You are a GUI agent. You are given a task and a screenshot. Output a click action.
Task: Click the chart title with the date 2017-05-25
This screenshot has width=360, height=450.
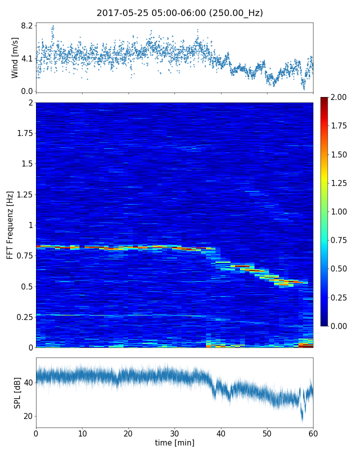coord(179,13)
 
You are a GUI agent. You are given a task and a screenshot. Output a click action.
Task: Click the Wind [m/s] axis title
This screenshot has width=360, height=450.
coord(15,57)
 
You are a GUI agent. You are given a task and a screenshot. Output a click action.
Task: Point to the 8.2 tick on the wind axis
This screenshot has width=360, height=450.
coord(26,25)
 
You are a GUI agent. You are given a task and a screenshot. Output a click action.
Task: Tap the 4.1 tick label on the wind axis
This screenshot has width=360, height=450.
coord(26,58)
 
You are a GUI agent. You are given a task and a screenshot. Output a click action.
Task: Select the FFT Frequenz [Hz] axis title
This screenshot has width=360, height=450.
coord(10,224)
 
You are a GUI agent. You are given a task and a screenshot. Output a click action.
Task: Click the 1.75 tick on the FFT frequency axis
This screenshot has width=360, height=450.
coord(23,133)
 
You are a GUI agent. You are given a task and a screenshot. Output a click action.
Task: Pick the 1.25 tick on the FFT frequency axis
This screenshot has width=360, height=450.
coord(23,194)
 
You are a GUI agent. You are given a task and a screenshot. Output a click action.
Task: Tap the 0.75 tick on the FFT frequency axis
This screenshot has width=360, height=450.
coord(23,256)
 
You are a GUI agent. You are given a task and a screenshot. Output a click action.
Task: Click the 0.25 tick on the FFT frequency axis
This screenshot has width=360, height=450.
coord(23,317)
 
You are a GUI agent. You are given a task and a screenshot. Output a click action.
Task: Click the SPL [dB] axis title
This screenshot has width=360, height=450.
coord(17,392)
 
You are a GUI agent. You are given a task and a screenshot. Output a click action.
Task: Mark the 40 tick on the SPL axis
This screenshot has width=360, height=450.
coord(28,383)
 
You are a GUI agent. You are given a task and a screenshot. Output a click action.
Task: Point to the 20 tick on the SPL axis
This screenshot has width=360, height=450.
coord(28,416)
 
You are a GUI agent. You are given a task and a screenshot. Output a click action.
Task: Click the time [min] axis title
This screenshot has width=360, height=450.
coord(174,442)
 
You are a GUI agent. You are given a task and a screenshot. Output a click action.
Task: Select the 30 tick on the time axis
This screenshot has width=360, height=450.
coord(174,432)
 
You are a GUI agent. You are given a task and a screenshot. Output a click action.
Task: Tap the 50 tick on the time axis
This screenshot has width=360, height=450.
coord(267,432)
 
